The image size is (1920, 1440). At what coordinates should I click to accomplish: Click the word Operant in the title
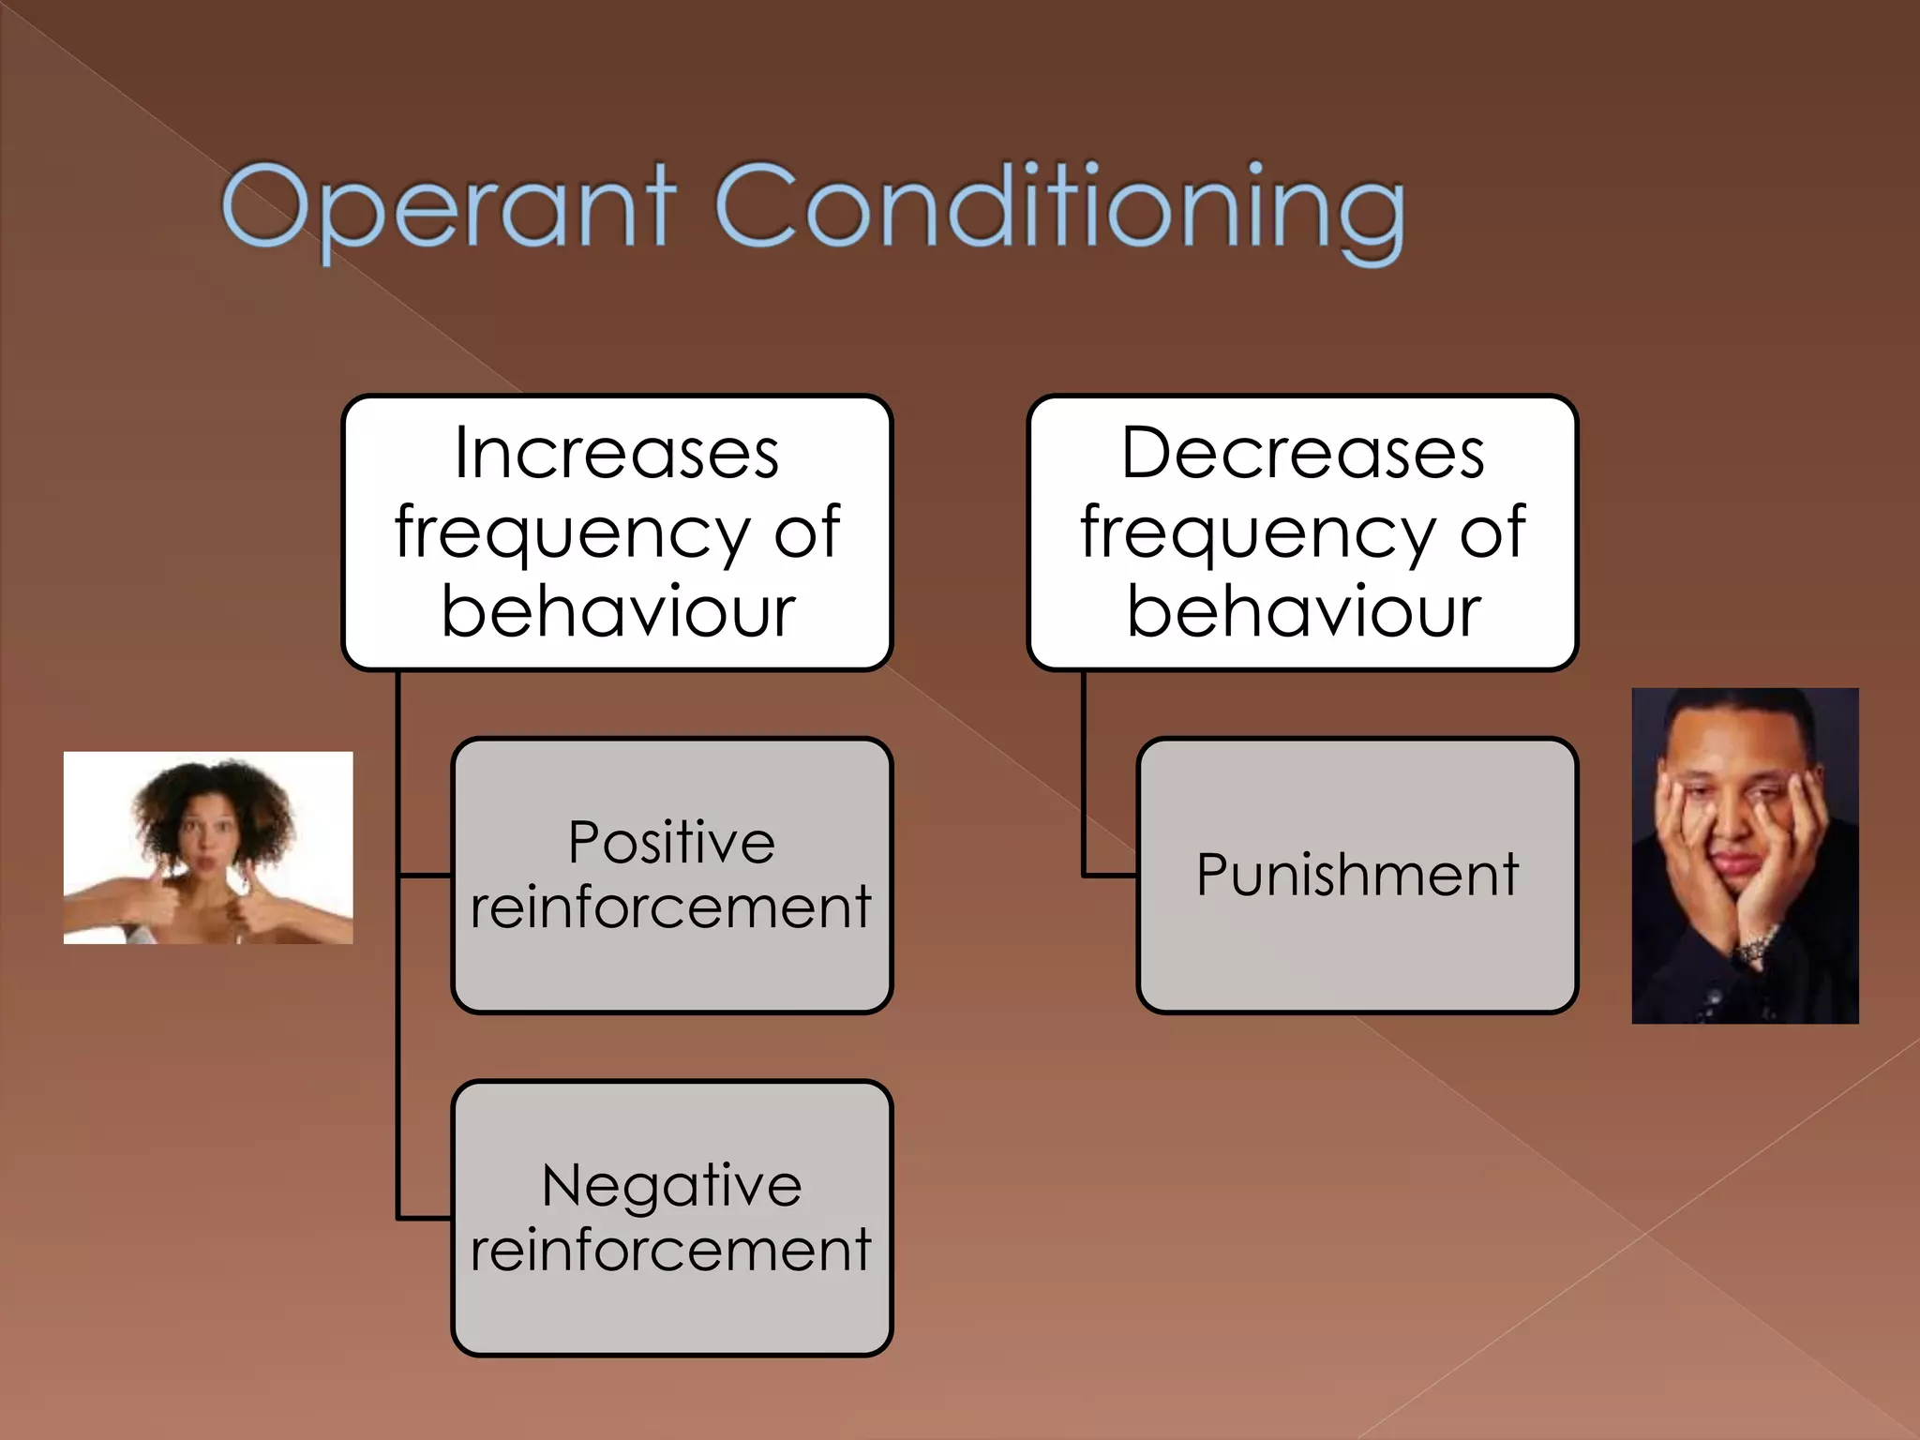(x=448, y=208)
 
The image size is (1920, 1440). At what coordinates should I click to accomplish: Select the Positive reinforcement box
(x=671, y=975)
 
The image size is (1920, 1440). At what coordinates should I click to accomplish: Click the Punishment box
(x=1357, y=966)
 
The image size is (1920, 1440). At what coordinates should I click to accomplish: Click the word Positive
(x=671, y=842)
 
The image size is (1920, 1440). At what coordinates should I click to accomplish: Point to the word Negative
(x=671, y=1186)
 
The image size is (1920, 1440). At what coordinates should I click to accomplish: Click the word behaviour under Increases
(x=618, y=612)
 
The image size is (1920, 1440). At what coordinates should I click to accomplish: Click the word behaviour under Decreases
(x=1303, y=612)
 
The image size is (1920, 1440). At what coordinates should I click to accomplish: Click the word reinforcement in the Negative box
(x=671, y=1251)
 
